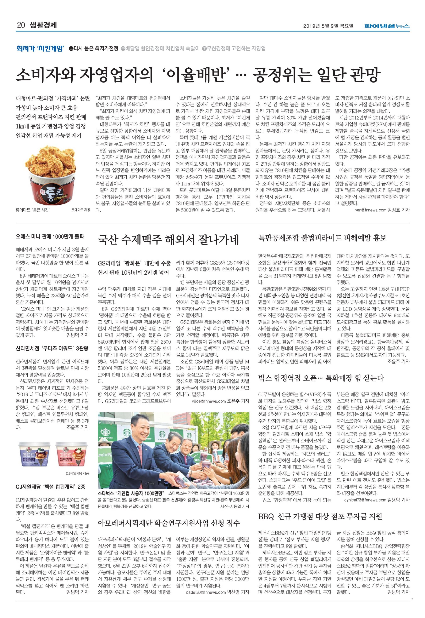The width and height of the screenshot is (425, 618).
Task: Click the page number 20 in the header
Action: (x=21, y=25)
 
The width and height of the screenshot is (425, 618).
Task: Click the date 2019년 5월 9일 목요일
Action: (x=328, y=26)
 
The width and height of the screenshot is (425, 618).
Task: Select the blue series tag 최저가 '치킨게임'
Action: (x=40, y=49)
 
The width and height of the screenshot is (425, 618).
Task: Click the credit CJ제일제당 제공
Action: (x=77, y=474)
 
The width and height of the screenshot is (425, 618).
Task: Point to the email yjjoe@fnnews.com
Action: (x=209, y=401)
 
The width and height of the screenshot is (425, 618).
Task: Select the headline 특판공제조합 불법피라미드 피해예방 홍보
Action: (x=322, y=238)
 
